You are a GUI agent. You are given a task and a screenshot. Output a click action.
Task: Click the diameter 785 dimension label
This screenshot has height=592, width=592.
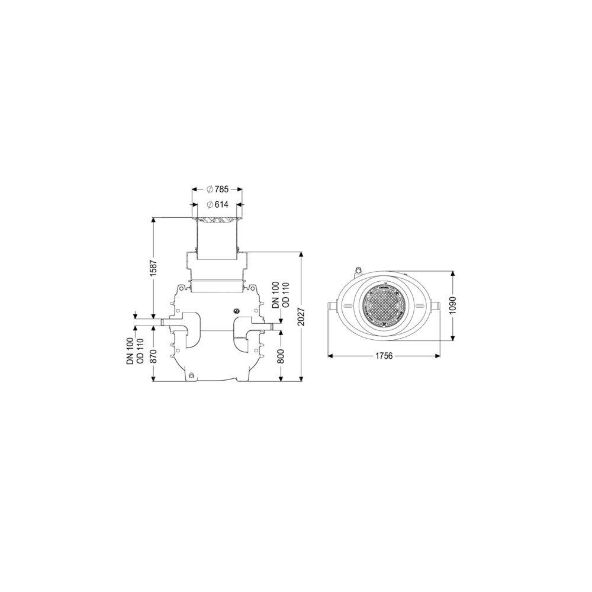click(218, 189)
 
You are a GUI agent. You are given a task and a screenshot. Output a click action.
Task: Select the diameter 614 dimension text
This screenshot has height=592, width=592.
click(218, 205)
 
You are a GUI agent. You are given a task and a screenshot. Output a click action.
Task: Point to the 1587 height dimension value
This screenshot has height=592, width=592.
click(153, 268)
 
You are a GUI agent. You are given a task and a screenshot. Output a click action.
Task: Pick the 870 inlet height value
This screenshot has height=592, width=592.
click(153, 356)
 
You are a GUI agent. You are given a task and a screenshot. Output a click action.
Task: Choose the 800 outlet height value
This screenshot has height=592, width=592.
click(281, 356)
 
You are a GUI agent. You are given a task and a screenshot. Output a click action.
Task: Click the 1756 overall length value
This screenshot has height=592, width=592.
click(384, 356)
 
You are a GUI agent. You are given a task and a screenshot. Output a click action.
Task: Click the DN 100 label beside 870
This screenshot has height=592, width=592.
click(131, 351)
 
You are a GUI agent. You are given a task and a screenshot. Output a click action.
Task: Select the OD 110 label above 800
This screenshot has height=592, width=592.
click(285, 295)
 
